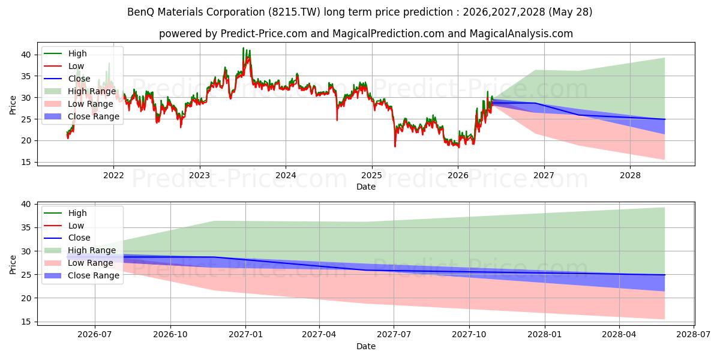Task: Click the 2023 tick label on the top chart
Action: point(200,175)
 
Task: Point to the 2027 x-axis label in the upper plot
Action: point(544,175)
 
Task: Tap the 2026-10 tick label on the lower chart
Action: point(170,335)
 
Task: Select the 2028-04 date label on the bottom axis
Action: point(619,335)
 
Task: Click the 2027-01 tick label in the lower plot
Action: point(245,335)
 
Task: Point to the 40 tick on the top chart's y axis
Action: point(26,55)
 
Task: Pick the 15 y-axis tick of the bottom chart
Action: point(26,322)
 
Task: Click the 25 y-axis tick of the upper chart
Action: point(26,119)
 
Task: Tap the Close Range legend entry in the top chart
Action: point(82,116)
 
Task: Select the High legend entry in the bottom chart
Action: point(65,213)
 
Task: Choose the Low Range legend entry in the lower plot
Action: point(79,263)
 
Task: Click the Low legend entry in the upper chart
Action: point(64,66)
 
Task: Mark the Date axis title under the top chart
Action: point(366,187)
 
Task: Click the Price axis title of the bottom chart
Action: point(13,265)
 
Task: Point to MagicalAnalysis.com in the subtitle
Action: point(521,34)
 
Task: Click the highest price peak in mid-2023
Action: point(243,48)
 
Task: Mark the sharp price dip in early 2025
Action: point(395,146)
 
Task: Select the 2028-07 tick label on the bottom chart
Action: point(694,335)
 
